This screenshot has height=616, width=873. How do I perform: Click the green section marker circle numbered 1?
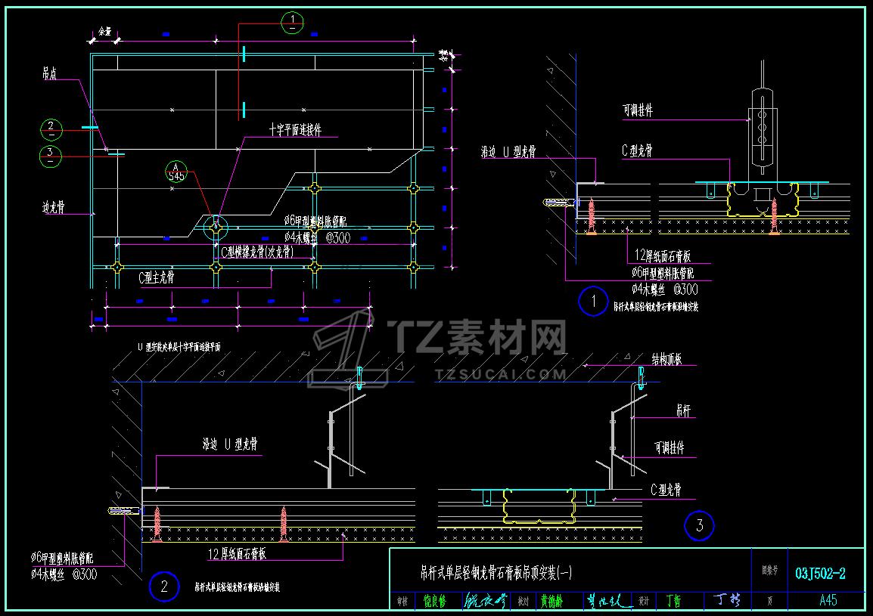tap(292, 23)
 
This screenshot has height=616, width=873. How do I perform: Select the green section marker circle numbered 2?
tap(51, 130)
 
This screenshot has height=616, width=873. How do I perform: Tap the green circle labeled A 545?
tap(176, 172)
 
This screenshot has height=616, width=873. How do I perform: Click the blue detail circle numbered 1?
tap(593, 302)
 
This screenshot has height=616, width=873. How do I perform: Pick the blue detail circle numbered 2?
tap(164, 587)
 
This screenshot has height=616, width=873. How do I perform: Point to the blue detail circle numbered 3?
tap(699, 525)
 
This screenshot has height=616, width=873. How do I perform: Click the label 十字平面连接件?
tap(295, 131)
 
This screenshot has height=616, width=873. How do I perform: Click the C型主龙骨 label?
tap(157, 278)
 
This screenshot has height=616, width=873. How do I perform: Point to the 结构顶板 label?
tap(666, 359)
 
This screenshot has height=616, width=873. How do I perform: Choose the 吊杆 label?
tap(682, 410)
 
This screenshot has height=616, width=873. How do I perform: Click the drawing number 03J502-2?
tap(821, 574)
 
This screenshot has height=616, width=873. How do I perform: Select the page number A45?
tap(828, 601)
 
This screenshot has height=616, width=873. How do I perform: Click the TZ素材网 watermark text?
tap(477, 336)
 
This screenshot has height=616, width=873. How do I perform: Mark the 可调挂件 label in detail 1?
tap(637, 111)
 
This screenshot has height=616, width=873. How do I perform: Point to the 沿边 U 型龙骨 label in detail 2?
tap(230, 445)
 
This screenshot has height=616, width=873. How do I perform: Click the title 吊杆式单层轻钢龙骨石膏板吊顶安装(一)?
tap(496, 574)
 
